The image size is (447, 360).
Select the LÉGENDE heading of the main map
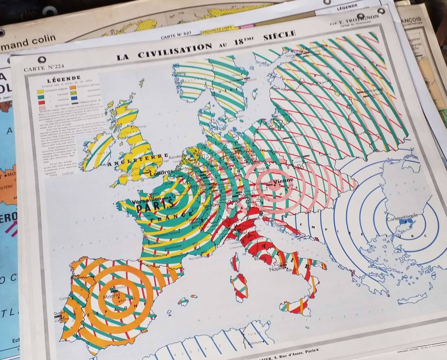64,79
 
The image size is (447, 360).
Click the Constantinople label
402,216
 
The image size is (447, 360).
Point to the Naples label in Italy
275,269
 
